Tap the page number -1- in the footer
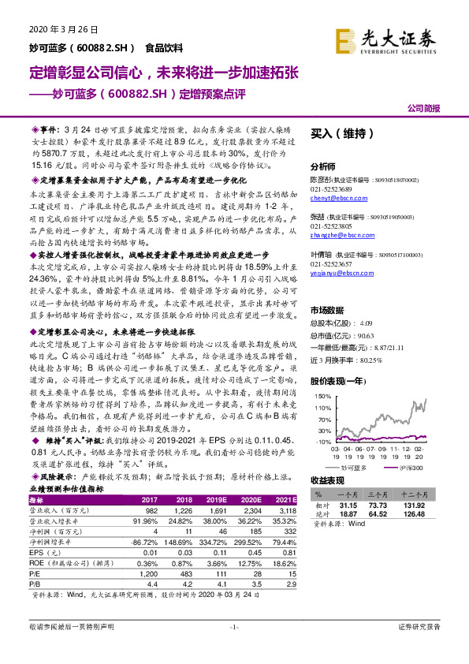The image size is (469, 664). (234, 648)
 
